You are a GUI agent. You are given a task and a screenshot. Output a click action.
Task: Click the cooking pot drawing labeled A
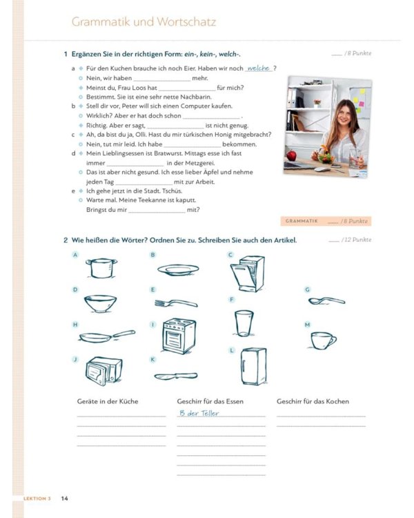point(100,267)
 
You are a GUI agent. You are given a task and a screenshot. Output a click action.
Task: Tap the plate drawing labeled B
point(178,269)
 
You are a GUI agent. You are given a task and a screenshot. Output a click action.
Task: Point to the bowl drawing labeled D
point(100,303)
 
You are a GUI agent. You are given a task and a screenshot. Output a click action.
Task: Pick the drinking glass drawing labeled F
point(244,322)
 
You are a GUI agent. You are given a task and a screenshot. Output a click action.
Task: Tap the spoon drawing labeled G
point(326,300)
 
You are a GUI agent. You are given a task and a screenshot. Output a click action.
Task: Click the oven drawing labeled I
point(178,336)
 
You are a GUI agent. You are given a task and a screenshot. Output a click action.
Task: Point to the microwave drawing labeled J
point(103,371)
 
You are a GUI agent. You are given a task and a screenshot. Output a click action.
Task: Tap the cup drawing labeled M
point(322,339)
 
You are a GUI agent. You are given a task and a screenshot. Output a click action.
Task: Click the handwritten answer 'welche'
point(258,68)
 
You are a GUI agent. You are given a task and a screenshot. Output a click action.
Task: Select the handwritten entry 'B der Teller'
point(198,413)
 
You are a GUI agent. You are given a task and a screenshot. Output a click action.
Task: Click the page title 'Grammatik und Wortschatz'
point(144,22)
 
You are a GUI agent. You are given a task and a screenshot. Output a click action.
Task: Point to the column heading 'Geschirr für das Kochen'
point(313,401)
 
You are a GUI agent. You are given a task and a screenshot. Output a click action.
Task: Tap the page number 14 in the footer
point(64,498)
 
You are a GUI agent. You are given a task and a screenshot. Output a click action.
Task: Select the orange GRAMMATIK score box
point(326,221)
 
